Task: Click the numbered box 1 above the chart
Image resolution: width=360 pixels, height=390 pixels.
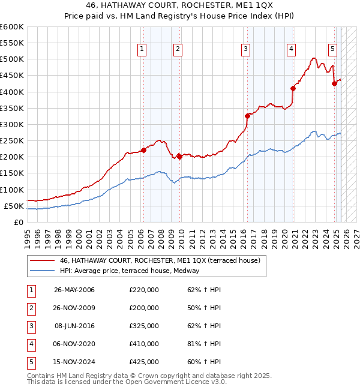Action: click(142, 50)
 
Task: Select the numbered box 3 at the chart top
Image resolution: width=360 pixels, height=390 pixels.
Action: click(246, 50)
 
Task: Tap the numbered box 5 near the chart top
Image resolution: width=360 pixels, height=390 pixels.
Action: click(332, 50)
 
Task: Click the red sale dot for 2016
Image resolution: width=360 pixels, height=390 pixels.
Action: click(247, 116)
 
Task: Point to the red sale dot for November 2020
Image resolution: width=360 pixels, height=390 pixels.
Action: click(293, 88)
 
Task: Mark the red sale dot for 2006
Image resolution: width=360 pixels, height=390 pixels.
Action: click(143, 150)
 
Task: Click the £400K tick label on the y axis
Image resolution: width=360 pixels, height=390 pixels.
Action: click(12, 92)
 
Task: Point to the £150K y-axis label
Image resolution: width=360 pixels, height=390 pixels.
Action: click(12, 173)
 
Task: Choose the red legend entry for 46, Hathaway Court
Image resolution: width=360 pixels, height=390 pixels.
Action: click(160, 260)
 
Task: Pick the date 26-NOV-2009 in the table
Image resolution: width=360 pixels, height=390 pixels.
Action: click(74, 308)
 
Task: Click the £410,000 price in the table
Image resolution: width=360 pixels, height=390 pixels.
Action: click(144, 344)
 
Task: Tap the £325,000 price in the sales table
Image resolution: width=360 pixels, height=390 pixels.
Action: click(144, 326)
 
